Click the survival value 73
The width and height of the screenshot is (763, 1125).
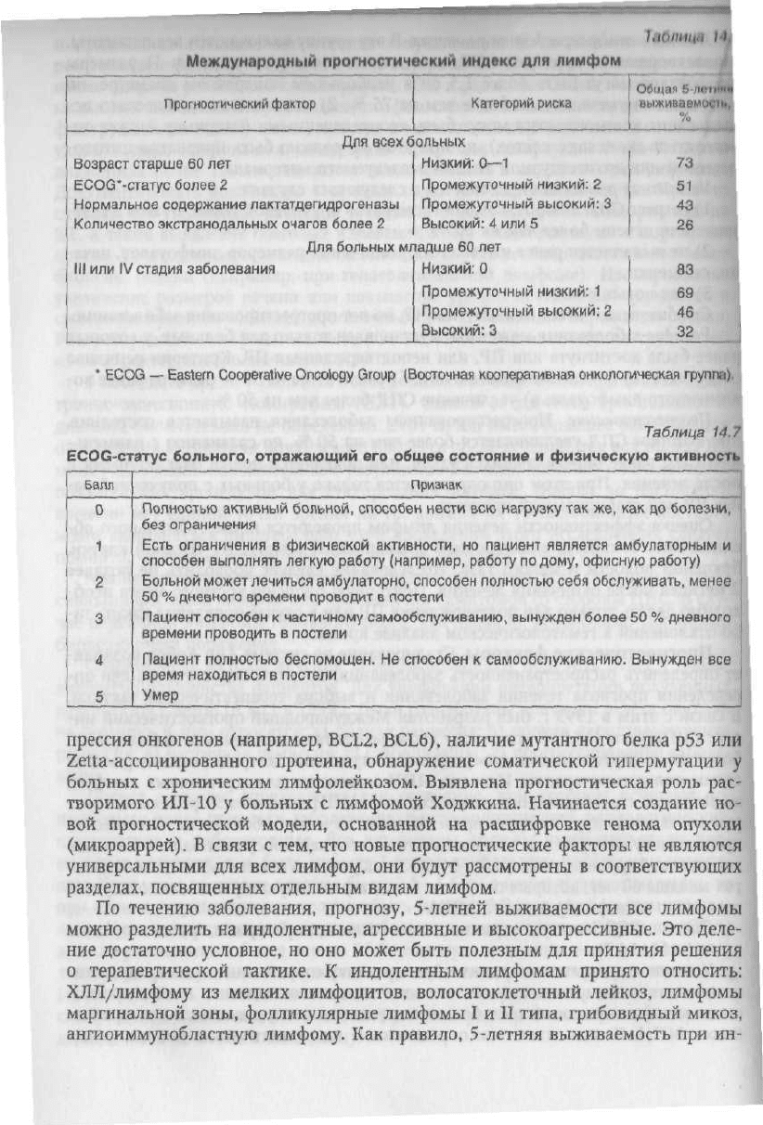pos(687,163)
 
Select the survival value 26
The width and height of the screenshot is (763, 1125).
pos(687,224)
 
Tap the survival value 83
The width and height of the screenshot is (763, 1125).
pos(687,269)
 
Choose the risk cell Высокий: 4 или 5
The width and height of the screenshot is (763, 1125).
pos(480,224)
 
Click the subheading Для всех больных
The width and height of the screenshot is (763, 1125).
pos(404,142)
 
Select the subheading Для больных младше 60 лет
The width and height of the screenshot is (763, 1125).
pos(404,248)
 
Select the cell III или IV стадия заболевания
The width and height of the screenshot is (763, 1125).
pos(174,269)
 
